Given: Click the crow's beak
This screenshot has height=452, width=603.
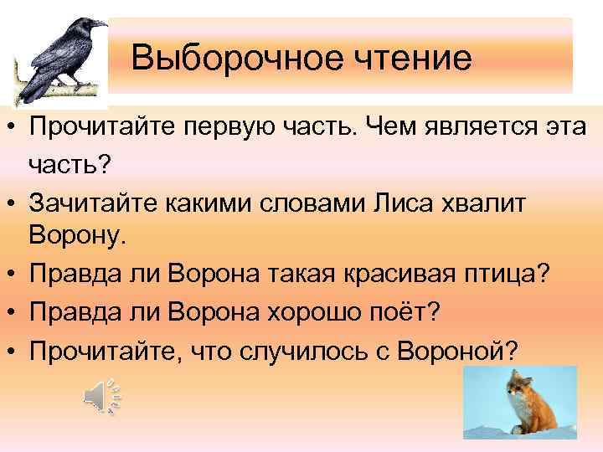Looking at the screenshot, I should (98, 24).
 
